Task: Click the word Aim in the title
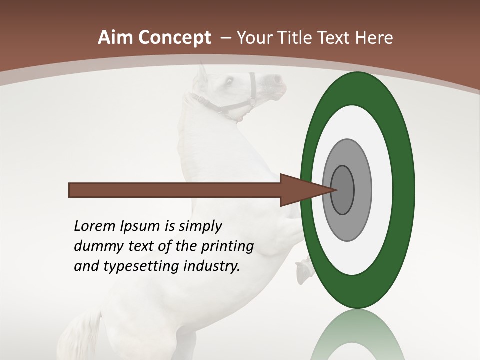coord(116,38)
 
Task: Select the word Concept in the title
coord(174,38)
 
